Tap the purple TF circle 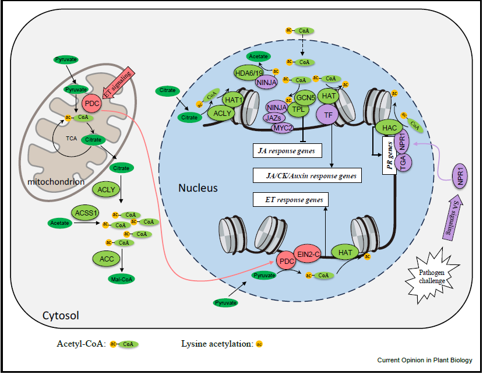328,115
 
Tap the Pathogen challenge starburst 432,276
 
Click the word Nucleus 198,188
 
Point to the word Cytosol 61,315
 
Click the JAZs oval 275,117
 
